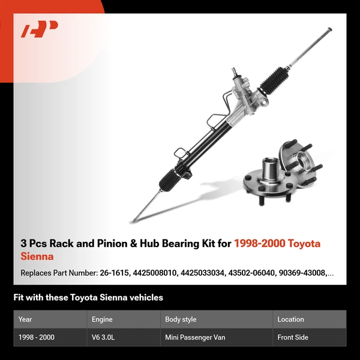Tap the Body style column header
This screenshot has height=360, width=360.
(181, 319)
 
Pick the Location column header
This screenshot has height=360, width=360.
(290, 319)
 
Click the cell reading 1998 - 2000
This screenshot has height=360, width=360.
(37, 337)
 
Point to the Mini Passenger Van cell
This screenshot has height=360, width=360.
(195, 337)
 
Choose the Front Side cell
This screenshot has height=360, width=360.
(293, 337)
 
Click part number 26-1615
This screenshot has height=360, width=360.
(114, 273)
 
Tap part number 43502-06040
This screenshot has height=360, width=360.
(246, 273)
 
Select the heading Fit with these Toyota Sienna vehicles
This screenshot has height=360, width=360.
(88, 297)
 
